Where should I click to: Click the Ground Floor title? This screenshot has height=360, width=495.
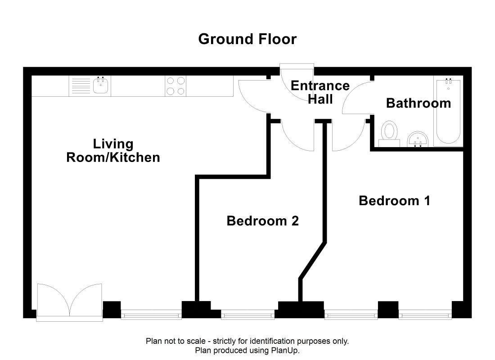pyautogui.click(x=247, y=39)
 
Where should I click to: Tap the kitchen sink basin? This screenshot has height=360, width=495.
pyautogui.click(x=101, y=85)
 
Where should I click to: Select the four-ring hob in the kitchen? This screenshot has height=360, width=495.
pyautogui.click(x=175, y=86)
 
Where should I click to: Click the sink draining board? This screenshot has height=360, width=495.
pyautogui.click(x=81, y=86)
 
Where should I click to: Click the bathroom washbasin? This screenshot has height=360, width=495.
pyautogui.click(x=418, y=139)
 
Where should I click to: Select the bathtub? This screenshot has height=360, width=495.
pyautogui.click(x=448, y=111)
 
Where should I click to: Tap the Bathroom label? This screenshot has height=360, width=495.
pyautogui.click(x=418, y=103)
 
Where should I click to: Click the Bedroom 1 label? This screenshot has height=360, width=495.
pyautogui.click(x=394, y=201)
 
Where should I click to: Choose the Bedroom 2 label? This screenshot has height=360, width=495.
pyautogui.click(x=263, y=221)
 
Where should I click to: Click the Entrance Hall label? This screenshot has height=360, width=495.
pyautogui.click(x=320, y=93)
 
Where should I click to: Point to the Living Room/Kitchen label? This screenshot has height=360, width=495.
pyautogui.click(x=113, y=151)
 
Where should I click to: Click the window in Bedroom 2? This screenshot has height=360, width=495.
pyautogui.click(x=247, y=315)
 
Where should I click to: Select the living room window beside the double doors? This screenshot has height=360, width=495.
pyautogui.click(x=151, y=315)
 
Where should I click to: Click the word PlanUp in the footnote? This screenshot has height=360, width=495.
pyautogui.click(x=284, y=350)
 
